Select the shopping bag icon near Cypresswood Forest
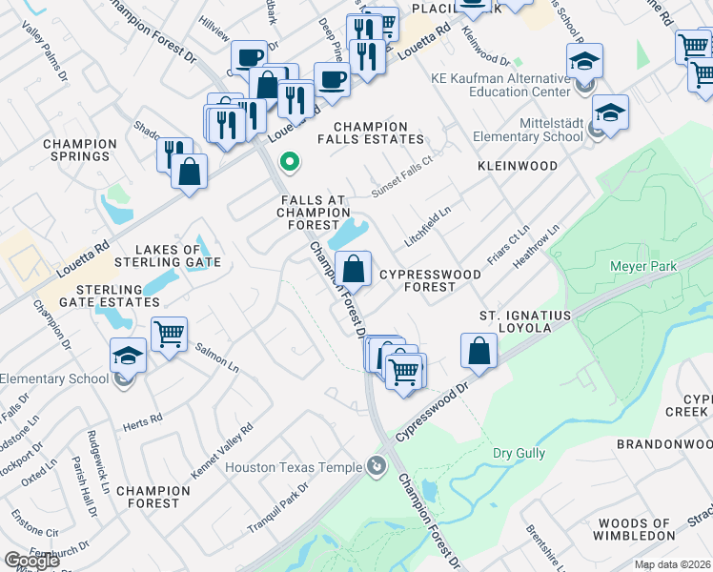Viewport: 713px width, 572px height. click(353, 271)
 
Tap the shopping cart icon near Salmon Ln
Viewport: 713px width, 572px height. click(169, 336)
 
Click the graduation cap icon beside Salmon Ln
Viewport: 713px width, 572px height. click(128, 357)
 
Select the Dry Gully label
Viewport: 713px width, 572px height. click(516, 453)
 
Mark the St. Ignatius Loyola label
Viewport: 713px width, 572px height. click(524, 321)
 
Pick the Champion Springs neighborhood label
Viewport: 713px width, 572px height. click(80, 150)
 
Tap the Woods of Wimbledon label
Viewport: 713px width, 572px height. click(644, 529)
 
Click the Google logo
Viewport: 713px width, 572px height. click(31, 561)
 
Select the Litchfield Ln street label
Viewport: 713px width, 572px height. click(427, 230)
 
